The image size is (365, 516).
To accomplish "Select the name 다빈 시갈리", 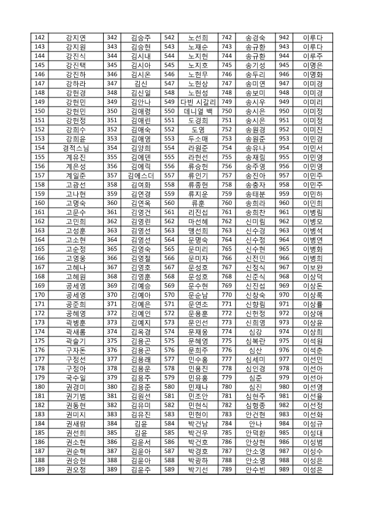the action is (198, 101).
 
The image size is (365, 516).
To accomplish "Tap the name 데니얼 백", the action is (198, 110).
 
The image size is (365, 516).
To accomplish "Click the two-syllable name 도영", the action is (198, 129).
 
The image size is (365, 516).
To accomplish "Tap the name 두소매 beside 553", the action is (198, 138).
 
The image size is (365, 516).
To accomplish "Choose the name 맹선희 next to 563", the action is (198, 230).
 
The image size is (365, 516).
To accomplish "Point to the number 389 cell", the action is (112, 469).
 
